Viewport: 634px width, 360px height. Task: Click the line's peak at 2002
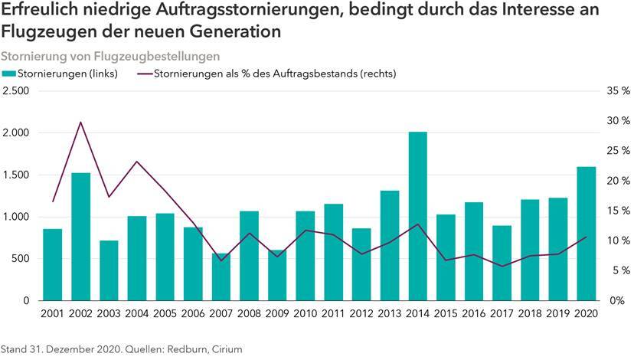click(80, 122)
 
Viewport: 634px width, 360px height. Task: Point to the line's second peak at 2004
click(136, 162)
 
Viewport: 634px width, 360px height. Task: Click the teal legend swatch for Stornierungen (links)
click(8, 74)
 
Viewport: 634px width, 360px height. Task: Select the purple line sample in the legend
click(144, 74)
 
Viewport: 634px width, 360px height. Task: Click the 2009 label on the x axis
click(276, 314)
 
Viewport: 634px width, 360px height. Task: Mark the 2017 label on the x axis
click(502, 314)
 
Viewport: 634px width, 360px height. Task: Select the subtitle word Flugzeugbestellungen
click(157, 56)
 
